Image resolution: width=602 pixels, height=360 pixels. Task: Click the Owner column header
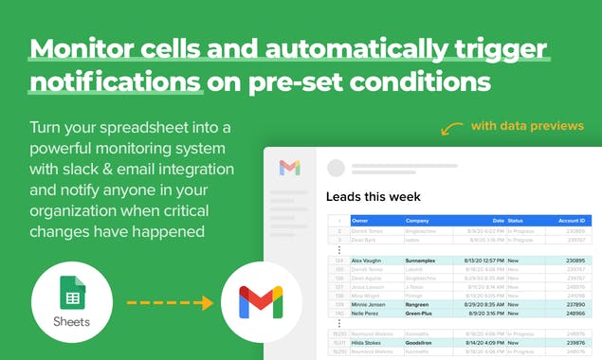[x=361, y=220]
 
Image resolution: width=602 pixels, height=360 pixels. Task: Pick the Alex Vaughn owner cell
[x=368, y=260]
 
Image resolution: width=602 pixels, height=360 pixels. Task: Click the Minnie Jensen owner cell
[x=371, y=304]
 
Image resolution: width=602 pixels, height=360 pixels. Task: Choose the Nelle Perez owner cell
[x=368, y=313]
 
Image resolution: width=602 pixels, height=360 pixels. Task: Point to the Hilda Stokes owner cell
[x=369, y=343]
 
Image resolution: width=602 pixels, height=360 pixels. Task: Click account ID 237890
[x=574, y=304]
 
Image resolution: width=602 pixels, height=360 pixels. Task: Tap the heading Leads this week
[x=373, y=197]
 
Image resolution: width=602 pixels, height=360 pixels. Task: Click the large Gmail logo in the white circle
[x=260, y=302]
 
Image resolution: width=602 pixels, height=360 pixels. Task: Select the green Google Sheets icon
[x=71, y=291]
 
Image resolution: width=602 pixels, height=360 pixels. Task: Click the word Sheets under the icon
[x=71, y=321]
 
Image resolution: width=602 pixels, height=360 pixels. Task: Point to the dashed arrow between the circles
[x=170, y=303]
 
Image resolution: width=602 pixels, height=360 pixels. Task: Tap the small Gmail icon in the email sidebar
[x=289, y=168]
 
